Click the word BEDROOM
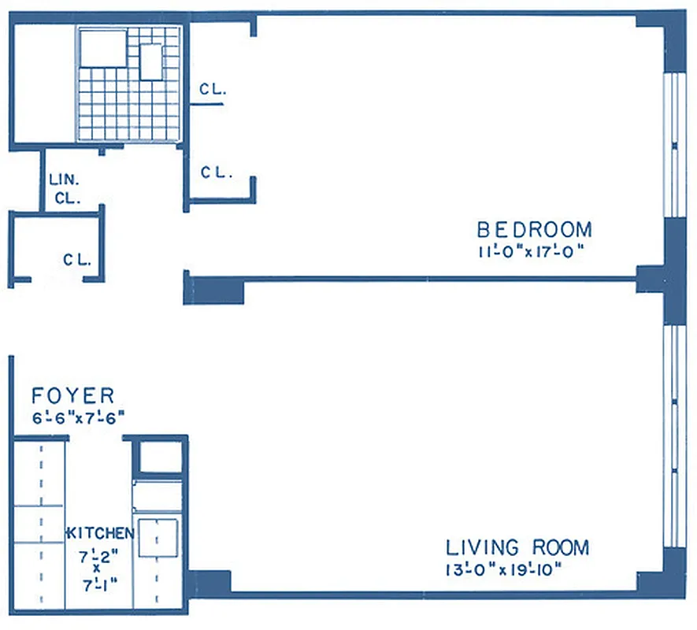[x=534, y=230]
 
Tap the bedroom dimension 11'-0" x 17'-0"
[x=534, y=252]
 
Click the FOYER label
[x=72, y=395]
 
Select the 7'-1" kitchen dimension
[x=98, y=586]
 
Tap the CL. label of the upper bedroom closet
[x=213, y=90]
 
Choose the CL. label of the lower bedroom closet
[x=217, y=172]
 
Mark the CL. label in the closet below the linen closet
[x=78, y=258]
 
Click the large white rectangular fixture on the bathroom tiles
[x=102, y=49]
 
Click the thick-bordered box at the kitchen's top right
[x=160, y=458]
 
